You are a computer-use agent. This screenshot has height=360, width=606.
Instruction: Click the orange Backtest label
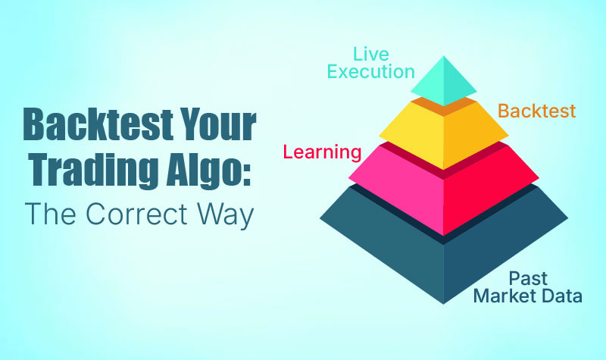(x=536, y=112)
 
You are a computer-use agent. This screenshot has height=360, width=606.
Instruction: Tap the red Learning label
(x=322, y=152)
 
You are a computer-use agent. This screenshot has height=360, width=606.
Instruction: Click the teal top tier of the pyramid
(x=443, y=82)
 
